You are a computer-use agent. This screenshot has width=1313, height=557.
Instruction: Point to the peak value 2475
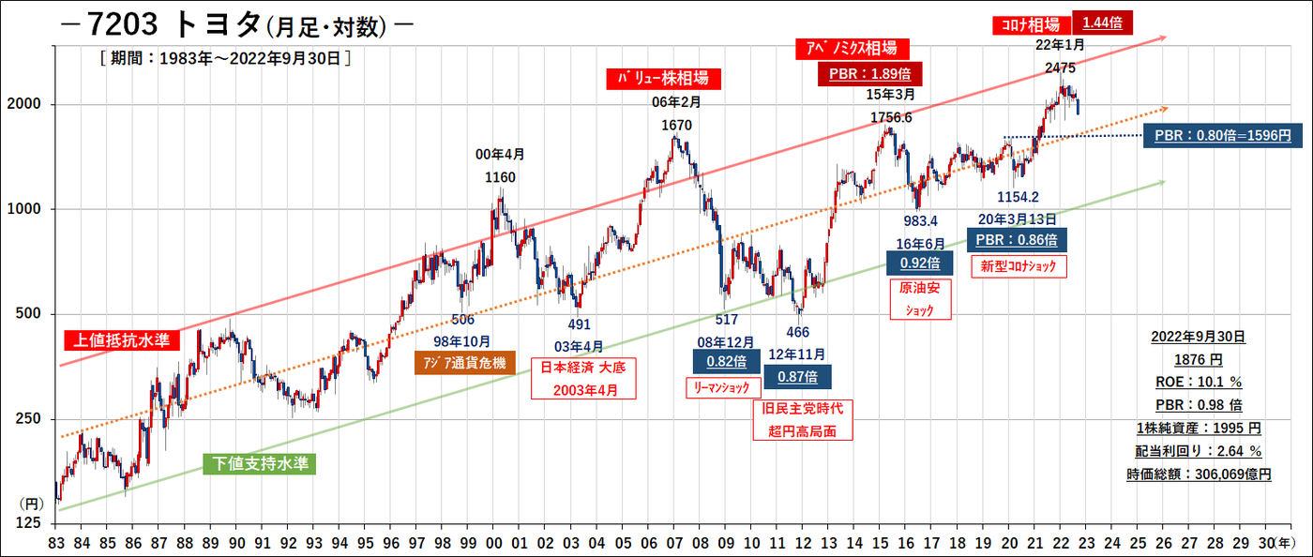coord(1060,68)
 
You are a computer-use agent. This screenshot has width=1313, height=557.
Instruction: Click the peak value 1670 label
coord(677,124)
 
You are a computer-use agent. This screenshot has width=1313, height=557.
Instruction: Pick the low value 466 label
coord(798,332)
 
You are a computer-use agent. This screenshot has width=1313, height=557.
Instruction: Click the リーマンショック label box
coord(719,386)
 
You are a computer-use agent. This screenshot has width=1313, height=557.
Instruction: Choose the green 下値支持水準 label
coord(260,463)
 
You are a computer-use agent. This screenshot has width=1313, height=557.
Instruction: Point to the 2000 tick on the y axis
coord(29,104)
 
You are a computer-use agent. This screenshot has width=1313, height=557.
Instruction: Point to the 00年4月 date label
coord(501,155)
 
